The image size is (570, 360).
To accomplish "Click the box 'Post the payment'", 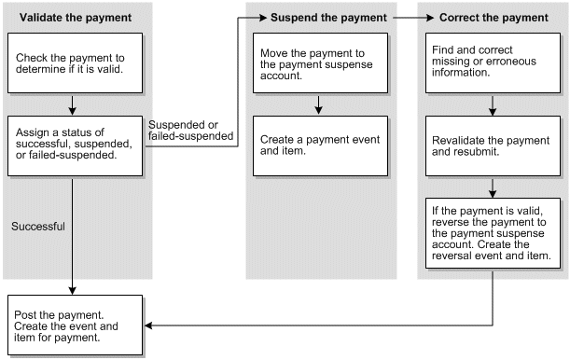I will (x=75, y=325).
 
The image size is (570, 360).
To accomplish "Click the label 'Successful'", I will (x=37, y=226).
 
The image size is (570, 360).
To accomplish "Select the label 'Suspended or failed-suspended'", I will (x=189, y=132).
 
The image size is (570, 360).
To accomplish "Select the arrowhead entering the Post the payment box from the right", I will (x=148, y=325).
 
